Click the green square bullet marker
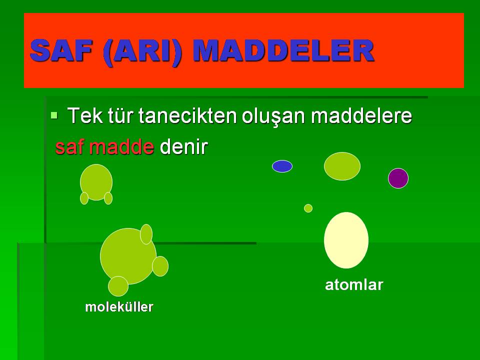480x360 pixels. point(54,115)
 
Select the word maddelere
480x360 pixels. point(361,116)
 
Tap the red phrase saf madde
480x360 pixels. point(104,147)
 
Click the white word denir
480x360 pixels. point(183,147)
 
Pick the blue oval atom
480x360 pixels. point(282,166)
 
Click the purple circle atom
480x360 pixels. point(398,178)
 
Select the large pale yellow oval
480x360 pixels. point(346,240)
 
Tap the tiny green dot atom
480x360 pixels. point(308,208)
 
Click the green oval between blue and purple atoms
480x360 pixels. point(342,166)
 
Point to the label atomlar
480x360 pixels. point(354,285)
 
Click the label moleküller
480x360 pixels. point(119,306)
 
